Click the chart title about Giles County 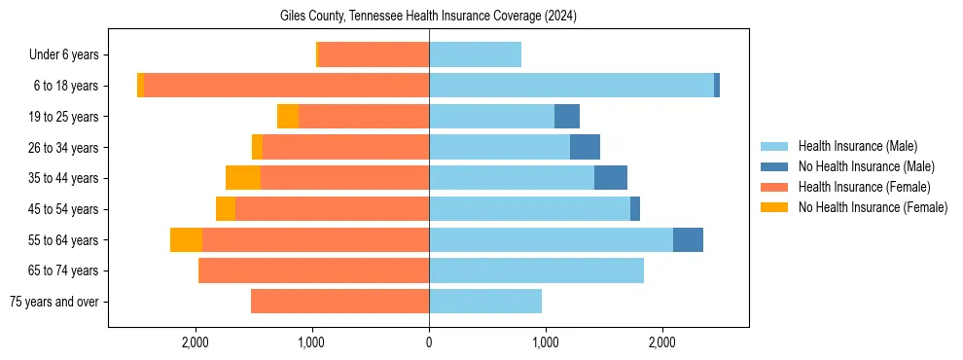click(429, 16)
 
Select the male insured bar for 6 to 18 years click(571, 86)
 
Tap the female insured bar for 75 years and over click(339, 302)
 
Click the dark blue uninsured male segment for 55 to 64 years click(688, 240)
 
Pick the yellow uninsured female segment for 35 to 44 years click(243, 178)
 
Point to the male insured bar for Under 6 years click(475, 54)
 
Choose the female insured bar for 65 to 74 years click(313, 270)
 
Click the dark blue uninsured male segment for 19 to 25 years click(567, 117)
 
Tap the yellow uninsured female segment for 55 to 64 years click(186, 240)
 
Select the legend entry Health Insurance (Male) click(857, 146)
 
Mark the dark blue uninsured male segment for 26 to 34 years click(585, 147)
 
